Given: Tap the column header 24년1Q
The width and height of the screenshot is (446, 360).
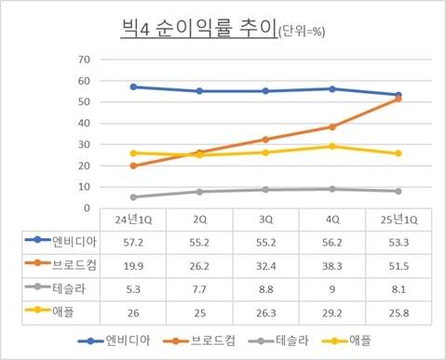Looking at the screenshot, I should click(134, 222).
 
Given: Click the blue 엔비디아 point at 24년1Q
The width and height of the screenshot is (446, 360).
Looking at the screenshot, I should click(134, 87).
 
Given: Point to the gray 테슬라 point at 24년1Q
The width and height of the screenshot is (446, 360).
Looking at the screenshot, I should click(134, 196).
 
